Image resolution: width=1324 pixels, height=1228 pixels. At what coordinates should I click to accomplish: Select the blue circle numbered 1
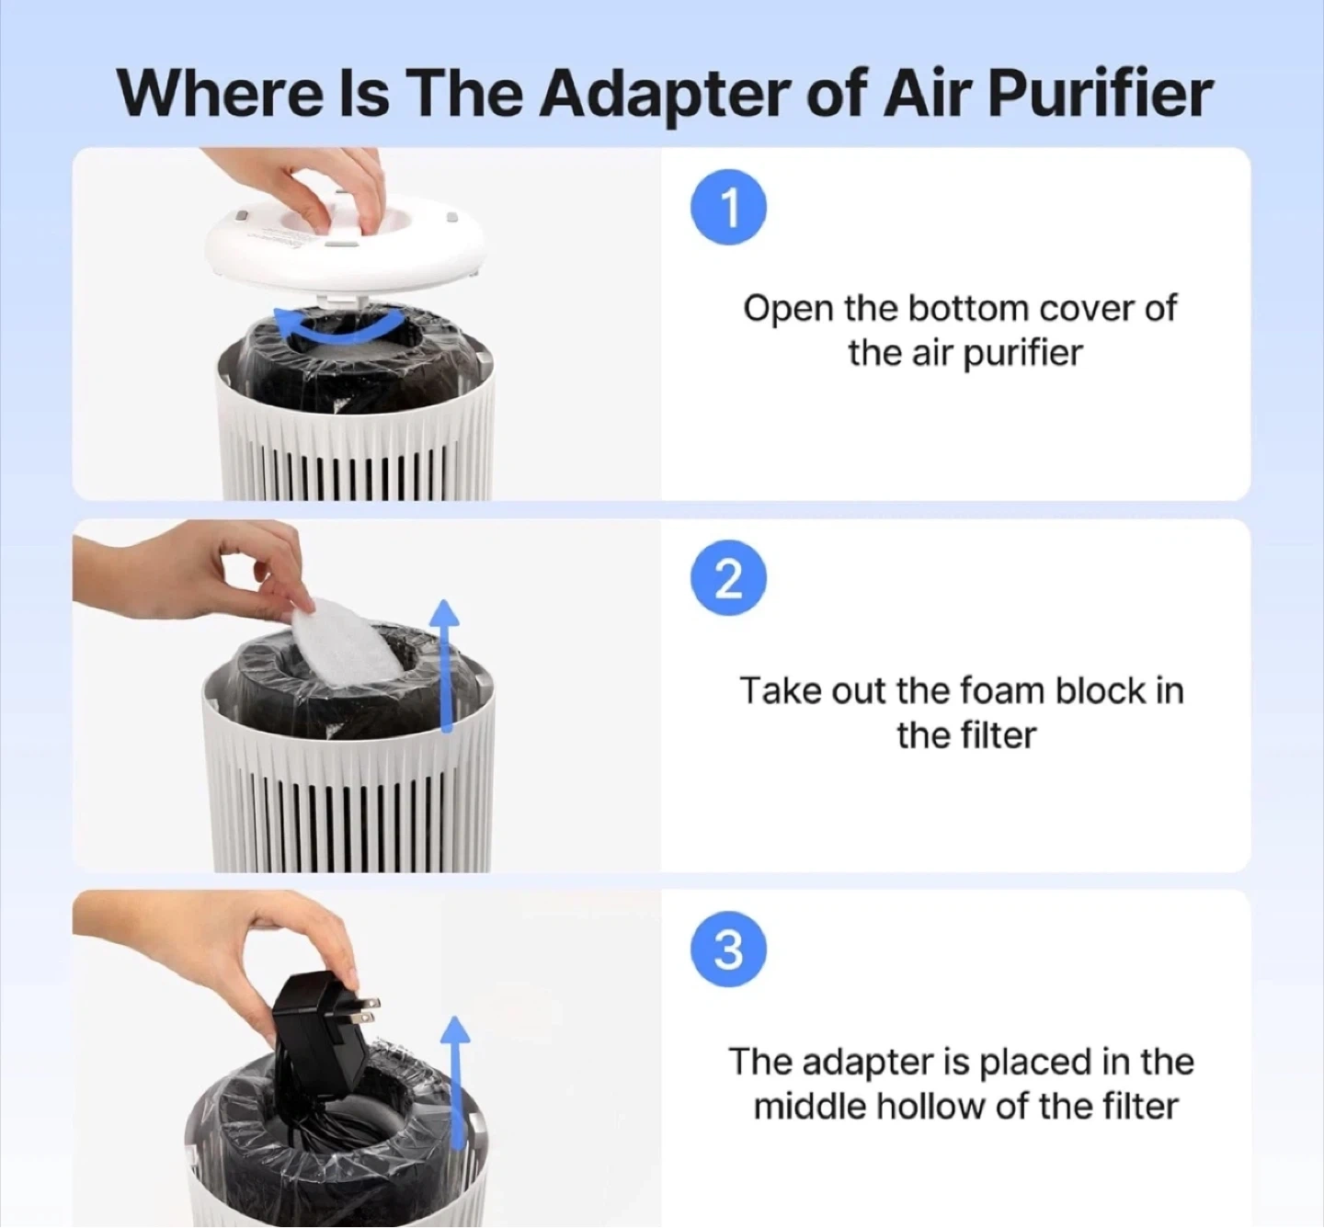(x=729, y=208)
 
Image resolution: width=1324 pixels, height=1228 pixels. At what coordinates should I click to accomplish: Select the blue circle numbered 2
(x=729, y=578)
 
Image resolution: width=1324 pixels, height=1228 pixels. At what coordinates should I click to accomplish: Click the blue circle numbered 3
(x=729, y=949)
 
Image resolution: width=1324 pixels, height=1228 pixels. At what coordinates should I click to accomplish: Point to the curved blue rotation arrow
(x=340, y=330)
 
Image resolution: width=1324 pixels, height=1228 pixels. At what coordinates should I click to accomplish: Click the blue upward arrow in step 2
(x=447, y=666)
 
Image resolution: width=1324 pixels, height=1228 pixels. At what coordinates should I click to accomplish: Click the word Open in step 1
(x=789, y=311)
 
